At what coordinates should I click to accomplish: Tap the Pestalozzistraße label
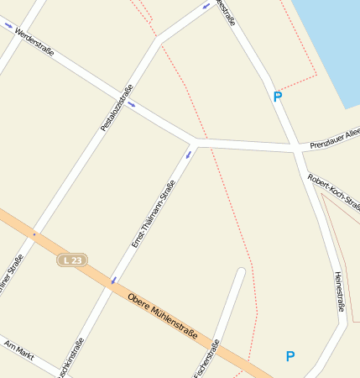pyautogui.click(x=117, y=108)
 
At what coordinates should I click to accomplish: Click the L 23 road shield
pyautogui.click(x=73, y=260)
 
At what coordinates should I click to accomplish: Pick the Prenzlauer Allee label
pyautogui.click(x=334, y=138)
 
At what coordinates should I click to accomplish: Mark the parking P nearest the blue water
pyautogui.click(x=278, y=97)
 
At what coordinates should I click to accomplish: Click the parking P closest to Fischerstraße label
pyautogui.click(x=290, y=356)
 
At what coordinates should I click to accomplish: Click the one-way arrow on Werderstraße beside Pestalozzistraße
pyautogui.click(x=131, y=105)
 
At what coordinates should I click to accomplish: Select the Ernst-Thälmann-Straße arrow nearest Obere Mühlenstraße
pyautogui.click(x=113, y=280)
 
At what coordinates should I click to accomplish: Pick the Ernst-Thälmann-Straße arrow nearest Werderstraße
pyautogui.click(x=188, y=154)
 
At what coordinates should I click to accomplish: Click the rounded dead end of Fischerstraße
pyautogui.click(x=241, y=272)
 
